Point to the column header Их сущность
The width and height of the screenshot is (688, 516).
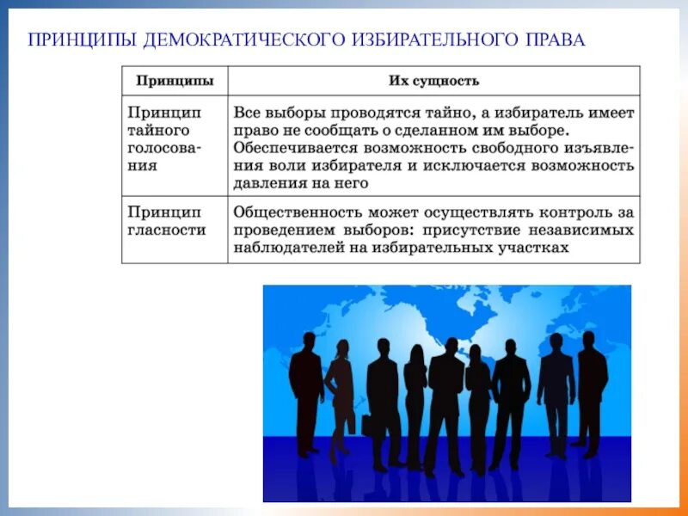(x=433, y=81)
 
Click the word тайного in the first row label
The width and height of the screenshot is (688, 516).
(x=158, y=131)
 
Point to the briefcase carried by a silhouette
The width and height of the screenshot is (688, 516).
(x=367, y=425)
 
